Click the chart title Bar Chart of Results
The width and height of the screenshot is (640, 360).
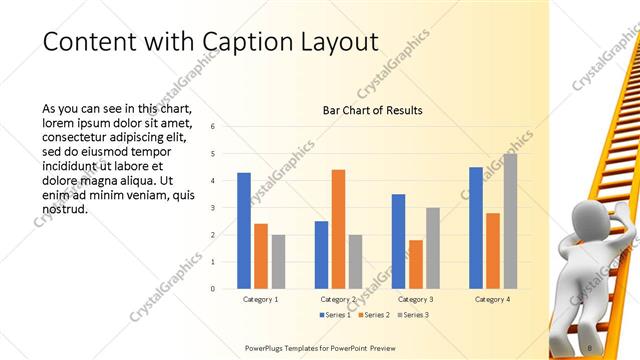pos(372,110)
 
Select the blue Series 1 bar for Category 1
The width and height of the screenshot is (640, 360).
pos(244,230)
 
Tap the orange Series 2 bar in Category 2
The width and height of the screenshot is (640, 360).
pos(338,229)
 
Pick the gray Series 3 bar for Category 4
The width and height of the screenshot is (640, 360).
pos(510,221)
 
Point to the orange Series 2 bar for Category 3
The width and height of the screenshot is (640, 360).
pos(415,264)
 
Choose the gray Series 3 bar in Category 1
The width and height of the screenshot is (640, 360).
pos(278,261)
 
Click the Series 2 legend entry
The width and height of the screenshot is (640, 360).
pos(373,315)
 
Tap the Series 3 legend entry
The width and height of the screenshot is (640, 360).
pos(415,315)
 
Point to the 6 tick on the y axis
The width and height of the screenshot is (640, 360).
pos(213,126)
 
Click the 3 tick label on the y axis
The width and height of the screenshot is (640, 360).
pos(213,207)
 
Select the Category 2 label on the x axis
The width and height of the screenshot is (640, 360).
pos(338,299)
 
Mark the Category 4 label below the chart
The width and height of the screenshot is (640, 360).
pos(493,299)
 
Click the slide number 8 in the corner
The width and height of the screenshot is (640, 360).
pos(590,347)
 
